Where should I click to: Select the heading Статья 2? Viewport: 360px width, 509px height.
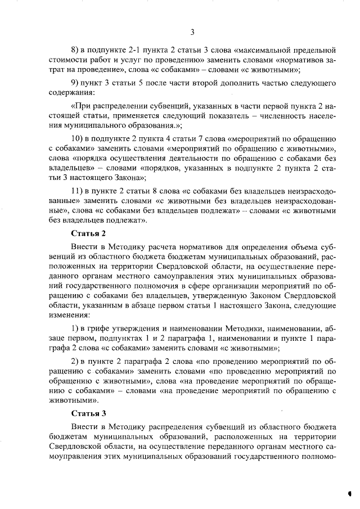(x=88, y=232)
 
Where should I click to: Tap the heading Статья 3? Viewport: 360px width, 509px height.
(x=88, y=413)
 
